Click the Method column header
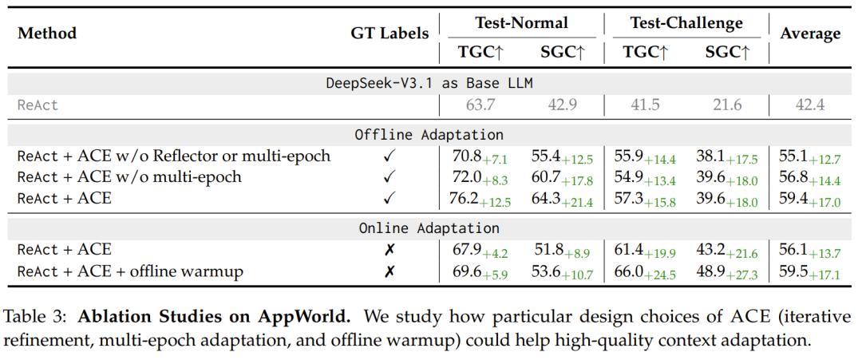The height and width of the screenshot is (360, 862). [x=47, y=34]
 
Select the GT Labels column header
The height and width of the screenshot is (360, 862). [x=389, y=34]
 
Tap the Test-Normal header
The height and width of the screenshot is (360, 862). [x=521, y=23]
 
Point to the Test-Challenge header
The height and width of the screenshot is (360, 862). [x=686, y=23]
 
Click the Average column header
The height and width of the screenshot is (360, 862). [x=810, y=34]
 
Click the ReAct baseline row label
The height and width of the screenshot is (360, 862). [x=38, y=105]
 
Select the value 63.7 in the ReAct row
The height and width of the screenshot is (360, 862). [x=480, y=105]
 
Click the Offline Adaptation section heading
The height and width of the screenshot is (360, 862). [x=429, y=134]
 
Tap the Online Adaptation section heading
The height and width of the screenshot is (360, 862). [x=429, y=228]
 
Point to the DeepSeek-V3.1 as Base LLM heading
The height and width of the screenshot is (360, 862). [x=429, y=83]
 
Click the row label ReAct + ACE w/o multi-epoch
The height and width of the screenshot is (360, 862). [x=129, y=176]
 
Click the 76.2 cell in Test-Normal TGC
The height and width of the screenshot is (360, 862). [x=467, y=198]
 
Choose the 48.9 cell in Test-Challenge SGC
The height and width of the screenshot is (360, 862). [x=711, y=271]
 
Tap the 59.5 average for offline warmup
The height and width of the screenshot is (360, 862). [x=793, y=271]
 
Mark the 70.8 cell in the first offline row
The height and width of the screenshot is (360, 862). [x=467, y=156]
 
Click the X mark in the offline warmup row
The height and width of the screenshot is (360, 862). [x=389, y=272]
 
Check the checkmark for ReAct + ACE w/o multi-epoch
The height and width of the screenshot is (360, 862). [x=389, y=176]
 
